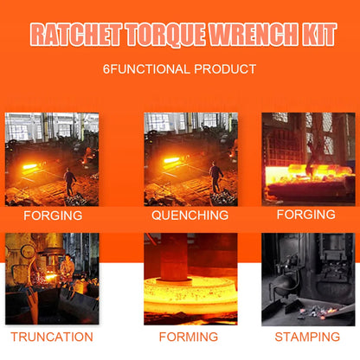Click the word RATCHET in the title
pyautogui.click(x=76, y=35)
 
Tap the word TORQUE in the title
pyautogui.click(x=166, y=35)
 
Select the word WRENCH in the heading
pyautogui.click(x=254, y=35)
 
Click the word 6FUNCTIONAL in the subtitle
pyautogui.click(x=146, y=69)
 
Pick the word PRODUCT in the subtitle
pyautogui.click(x=225, y=69)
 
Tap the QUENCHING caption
pyautogui.click(x=190, y=215)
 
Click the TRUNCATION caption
pyautogui.click(x=52, y=337)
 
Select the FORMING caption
pyautogui.click(x=189, y=337)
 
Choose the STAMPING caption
pyautogui.click(x=307, y=337)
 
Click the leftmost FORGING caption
pyautogui.click(x=53, y=215)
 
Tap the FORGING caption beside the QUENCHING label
pyautogui.click(x=306, y=215)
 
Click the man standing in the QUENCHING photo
pyautogui.click(x=215, y=177)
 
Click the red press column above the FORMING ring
pyautogui.click(x=174, y=257)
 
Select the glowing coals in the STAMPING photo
pyautogui.click(x=318, y=312)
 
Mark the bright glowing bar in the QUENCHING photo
pyautogui.click(x=171, y=160)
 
